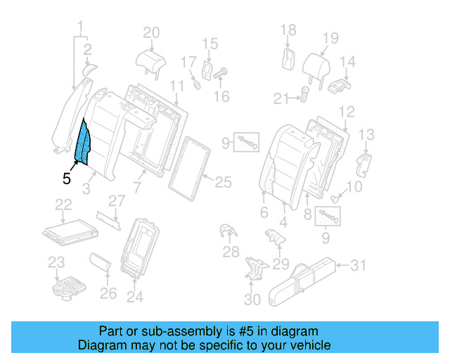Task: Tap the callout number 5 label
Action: tap(66, 179)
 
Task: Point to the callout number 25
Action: tap(223, 183)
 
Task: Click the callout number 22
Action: tap(64, 204)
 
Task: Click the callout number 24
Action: tap(134, 297)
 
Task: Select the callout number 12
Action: tap(346, 111)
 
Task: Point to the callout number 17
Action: tap(187, 63)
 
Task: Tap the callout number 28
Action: tap(230, 252)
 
